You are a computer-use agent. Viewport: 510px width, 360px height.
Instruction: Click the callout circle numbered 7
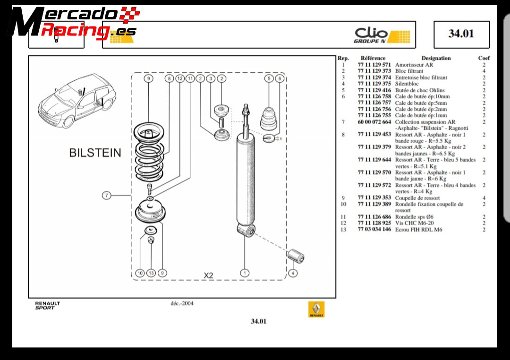[107, 195]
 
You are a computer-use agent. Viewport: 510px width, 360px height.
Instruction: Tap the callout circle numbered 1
[245, 273]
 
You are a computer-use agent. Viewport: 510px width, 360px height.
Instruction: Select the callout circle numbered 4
[292, 273]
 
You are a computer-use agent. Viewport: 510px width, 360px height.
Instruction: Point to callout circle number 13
[151, 273]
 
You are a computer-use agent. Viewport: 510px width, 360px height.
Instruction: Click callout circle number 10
[140, 273]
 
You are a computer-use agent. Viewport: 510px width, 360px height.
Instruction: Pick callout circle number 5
[269, 78]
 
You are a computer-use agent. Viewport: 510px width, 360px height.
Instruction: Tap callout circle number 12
[179, 78]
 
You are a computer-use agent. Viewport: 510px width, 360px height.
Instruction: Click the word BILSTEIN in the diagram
[95, 153]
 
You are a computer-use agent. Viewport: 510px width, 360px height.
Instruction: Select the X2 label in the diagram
[208, 275]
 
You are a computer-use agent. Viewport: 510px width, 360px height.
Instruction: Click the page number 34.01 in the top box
[461, 34]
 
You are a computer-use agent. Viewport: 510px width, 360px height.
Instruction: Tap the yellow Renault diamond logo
[316, 309]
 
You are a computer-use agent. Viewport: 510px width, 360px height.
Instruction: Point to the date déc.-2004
[182, 303]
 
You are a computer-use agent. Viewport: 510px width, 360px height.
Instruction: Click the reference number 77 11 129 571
[374, 65]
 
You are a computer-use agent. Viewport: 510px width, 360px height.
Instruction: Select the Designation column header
[436, 58]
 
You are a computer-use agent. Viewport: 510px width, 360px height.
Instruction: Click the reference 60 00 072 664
[374, 122]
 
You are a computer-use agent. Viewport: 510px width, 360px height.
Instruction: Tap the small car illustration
[77, 100]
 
